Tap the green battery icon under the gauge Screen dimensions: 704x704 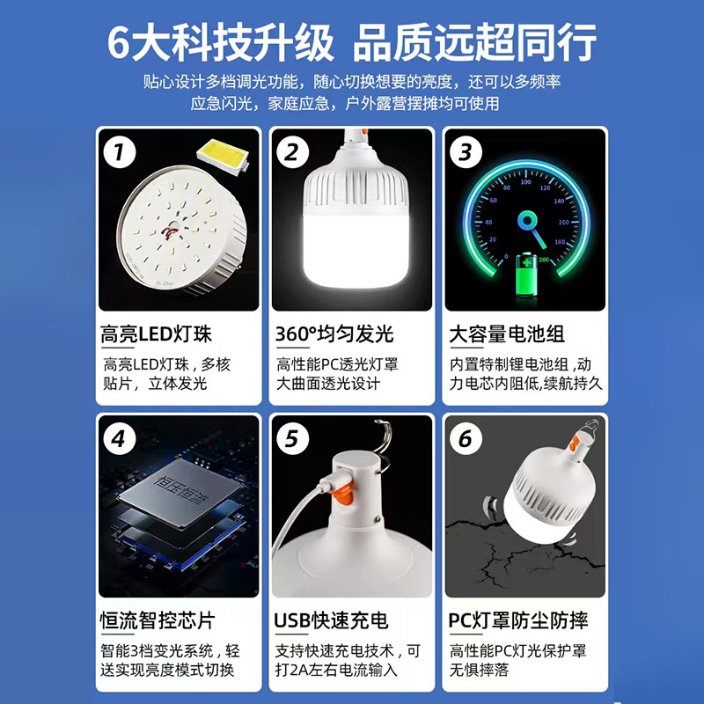point(524,276)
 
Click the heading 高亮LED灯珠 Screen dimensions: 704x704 point(157,334)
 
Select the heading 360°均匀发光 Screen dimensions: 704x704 point(334,334)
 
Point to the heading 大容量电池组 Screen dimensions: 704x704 point(507,334)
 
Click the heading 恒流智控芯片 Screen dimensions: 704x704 point(158,620)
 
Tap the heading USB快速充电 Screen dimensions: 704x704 point(332,620)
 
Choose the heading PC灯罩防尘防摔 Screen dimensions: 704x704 point(519,620)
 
